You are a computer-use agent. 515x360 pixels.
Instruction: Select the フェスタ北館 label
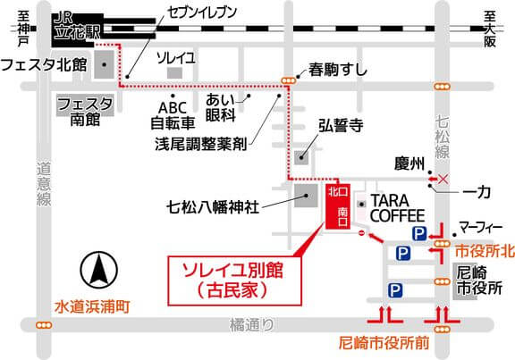(44, 65)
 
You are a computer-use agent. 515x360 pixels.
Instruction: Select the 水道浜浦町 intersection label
(91, 306)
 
